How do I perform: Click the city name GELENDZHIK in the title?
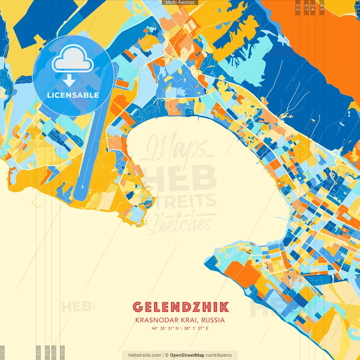[x=181, y=307]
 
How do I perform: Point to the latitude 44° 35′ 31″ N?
[x=165, y=328]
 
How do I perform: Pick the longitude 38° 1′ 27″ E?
[x=196, y=328]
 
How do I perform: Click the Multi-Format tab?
[x=180, y=3]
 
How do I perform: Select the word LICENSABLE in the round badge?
[x=73, y=95]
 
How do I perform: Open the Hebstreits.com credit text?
[x=145, y=355]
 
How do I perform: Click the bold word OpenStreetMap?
[x=187, y=355]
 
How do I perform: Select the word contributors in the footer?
[x=219, y=355]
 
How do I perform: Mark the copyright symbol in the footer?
[x=166, y=355]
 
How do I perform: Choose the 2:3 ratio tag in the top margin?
[x=297, y=7]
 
